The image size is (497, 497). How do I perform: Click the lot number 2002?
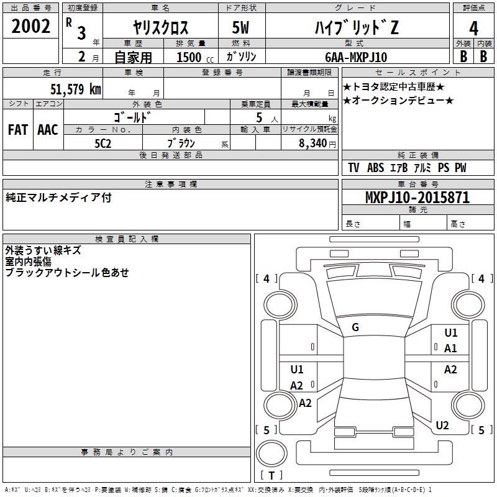coord(31,27)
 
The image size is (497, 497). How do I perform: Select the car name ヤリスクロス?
coord(160,27)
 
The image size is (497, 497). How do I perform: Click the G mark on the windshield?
coord(355,327)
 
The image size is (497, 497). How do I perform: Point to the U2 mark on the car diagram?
coord(442,426)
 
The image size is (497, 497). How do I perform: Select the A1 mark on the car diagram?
coord(450,349)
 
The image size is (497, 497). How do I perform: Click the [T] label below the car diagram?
coord(271,475)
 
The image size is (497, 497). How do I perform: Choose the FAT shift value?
coord(18,129)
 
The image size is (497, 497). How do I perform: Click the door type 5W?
coord(242,27)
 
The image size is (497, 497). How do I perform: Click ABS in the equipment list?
coord(375,168)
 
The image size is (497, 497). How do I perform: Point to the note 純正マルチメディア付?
coord(59,198)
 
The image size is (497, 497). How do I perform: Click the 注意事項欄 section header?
coord(171,185)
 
